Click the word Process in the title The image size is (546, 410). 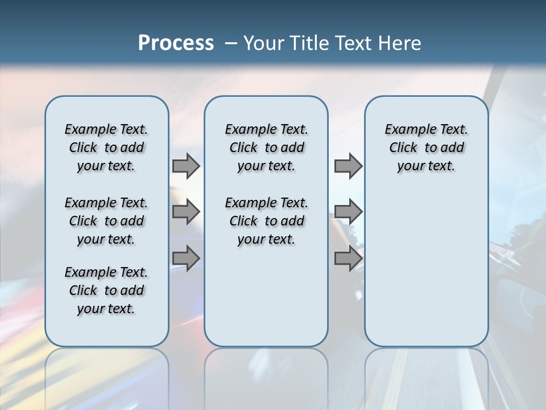point(176,43)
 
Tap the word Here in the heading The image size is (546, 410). point(401,43)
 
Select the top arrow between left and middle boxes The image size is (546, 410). point(185,166)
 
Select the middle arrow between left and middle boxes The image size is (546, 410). point(185,212)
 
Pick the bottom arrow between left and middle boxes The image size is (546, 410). point(185,259)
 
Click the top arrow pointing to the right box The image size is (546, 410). point(348,166)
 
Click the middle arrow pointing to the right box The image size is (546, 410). point(348,212)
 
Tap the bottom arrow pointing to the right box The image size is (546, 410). point(348,259)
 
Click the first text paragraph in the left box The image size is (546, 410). point(106,147)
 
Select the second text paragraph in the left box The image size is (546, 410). point(106,221)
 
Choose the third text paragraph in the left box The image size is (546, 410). point(106,290)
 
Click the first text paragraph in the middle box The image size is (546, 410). point(266,147)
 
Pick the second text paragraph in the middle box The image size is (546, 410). point(266,221)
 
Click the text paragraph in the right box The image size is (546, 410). point(426,147)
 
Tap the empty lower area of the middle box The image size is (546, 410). point(266,296)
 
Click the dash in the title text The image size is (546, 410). point(231,43)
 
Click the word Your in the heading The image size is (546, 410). point(263,43)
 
